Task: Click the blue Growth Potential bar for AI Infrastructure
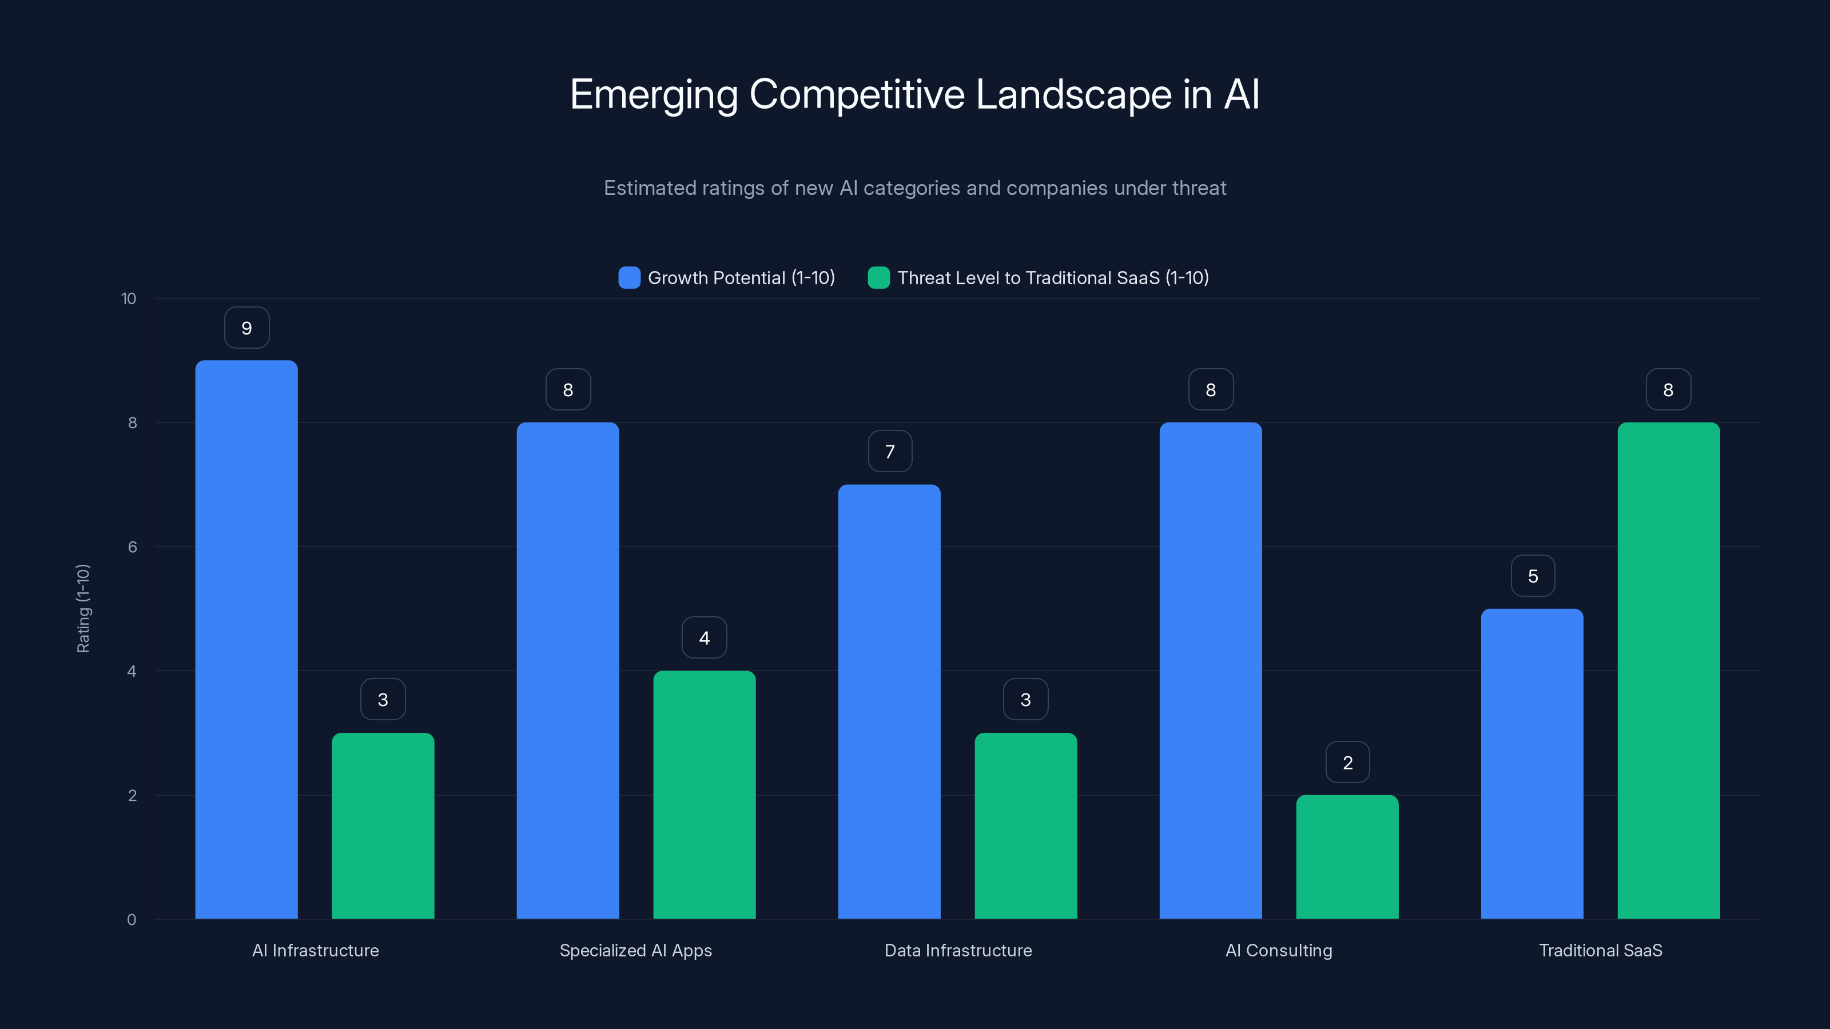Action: (x=246, y=639)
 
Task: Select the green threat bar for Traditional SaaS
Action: (x=1668, y=671)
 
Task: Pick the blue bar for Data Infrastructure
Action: (x=889, y=701)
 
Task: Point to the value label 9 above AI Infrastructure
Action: (x=246, y=328)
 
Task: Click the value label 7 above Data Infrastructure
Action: (x=889, y=452)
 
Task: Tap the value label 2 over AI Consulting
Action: (x=1348, y=763)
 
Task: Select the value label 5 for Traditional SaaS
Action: (x=1533, y=576)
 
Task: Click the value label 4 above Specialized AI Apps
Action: (x=704, y=638)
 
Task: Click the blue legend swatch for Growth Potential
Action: (x=628, y=278)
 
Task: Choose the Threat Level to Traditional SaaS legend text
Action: (x=1053, y=278)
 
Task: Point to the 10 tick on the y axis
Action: (x=129, y=298)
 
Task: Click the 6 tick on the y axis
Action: (x=132, y=547)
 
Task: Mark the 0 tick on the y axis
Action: (x=132, y=920)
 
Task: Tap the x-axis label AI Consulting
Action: (x=1279, y=950)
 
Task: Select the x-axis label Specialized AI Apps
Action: (x=635, y=950)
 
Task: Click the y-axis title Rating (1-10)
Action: (x=83, y=609)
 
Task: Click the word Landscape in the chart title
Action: (x=1073, y=94)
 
